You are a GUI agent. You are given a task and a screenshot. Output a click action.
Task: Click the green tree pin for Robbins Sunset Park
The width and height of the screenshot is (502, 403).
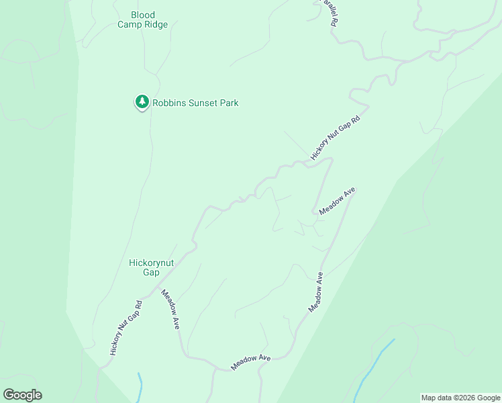point(142,102)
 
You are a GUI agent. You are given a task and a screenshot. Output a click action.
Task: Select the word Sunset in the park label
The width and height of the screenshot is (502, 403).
point(201,103)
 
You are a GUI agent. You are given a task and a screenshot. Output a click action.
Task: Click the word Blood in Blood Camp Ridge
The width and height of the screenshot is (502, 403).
point(143,15)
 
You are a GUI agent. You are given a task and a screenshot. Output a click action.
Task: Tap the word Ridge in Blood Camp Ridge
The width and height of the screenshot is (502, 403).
point(156,25)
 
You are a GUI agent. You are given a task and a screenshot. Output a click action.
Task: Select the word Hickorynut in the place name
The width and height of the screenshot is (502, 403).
point(151,263)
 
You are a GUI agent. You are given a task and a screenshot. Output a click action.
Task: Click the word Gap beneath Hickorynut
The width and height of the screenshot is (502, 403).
point(151,273)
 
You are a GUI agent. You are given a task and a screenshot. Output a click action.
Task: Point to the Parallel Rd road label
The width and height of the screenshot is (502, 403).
point(328,12)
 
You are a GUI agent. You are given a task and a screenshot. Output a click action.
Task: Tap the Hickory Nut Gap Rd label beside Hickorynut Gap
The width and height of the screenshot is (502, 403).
point(125,328)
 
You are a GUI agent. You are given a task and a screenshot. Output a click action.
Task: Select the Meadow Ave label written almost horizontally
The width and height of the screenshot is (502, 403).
point(250,363)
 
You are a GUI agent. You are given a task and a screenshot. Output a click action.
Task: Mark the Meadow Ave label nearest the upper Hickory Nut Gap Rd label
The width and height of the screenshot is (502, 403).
point(337,201)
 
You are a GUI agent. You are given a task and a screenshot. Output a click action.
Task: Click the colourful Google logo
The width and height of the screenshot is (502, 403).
point(22,395)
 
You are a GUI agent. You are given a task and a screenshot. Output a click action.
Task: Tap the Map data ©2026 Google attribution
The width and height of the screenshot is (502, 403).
point(460,398)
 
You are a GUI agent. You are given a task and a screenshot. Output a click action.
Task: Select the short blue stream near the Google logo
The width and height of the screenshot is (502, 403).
point(140,386)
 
